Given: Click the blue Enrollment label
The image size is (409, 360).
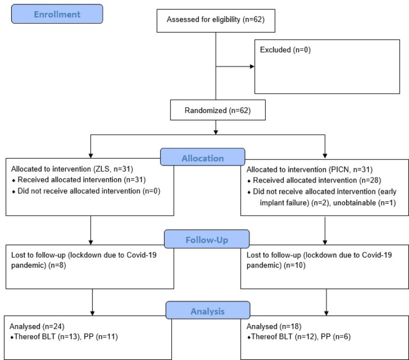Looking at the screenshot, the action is (57, 14).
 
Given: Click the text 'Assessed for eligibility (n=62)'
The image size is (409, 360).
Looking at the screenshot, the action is (216, 20).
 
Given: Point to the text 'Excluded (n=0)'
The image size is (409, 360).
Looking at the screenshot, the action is (285, 50).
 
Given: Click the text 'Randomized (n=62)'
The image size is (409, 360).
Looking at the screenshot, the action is (218, 110).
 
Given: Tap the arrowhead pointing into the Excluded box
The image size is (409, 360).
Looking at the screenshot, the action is (252, 67).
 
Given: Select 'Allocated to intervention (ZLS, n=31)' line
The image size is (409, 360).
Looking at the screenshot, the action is (72, 169).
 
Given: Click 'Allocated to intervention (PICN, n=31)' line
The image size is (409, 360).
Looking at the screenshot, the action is (309, 169).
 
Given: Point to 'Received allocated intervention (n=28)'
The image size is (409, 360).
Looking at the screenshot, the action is (317, 180).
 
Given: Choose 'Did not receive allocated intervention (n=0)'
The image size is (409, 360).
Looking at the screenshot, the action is (89, 191).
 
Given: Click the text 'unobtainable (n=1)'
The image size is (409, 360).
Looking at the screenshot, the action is (364, 203).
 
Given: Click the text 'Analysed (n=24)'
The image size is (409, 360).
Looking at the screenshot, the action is (37, 326).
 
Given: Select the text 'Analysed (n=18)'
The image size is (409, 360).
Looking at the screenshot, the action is (274, 326).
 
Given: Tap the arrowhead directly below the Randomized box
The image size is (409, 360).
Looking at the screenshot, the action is (216, 132).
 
